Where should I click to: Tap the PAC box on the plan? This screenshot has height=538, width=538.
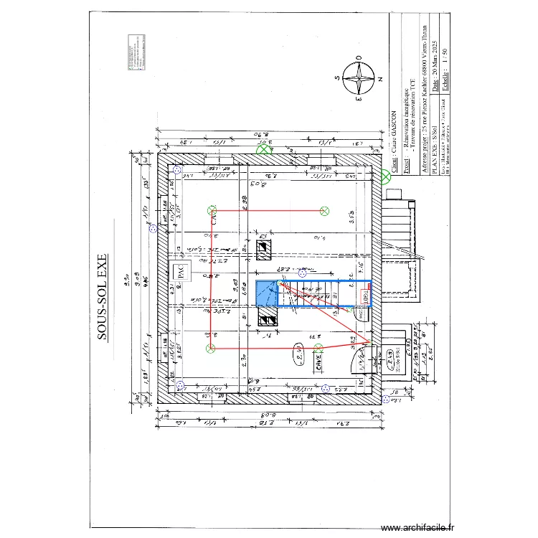pos(181,272)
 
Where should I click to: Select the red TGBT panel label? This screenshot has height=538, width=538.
pos(362,295)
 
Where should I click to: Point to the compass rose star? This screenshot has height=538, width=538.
pos(357,78)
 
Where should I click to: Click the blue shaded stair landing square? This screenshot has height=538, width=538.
pos(266,293)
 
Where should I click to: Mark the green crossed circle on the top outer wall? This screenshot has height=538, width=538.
pos(265,148)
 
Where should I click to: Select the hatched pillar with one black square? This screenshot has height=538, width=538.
pos(264,249)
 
